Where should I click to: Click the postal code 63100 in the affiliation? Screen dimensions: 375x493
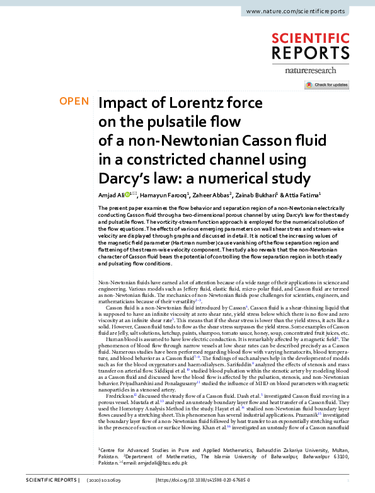339,456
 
